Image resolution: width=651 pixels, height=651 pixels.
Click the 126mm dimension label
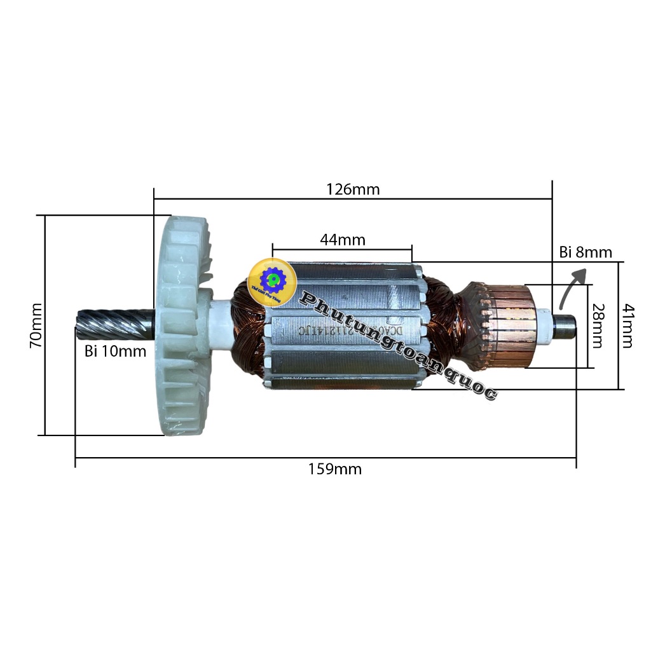click(x=353, y=189)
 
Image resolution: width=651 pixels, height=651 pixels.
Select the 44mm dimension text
click(x=343, y=240)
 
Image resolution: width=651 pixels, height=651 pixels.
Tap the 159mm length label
click(x=335, y=469)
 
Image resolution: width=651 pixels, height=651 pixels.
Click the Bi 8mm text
click(x=586, y=252)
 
